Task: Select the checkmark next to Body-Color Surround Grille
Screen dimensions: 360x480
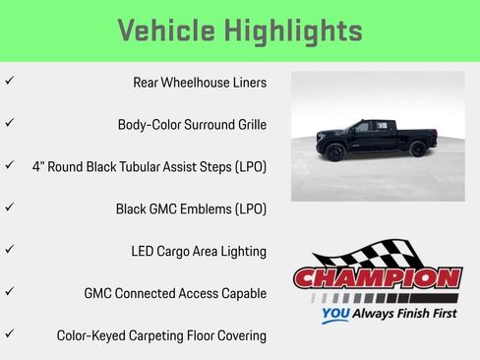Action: point(10,124)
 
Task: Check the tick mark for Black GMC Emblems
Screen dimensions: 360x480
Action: point(10,209)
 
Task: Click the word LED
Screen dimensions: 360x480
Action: point(143,252)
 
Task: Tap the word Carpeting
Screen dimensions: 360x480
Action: point(166,336)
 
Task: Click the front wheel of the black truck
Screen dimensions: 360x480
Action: point(417,150)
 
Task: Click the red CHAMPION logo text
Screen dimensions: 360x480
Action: point(378,278)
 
